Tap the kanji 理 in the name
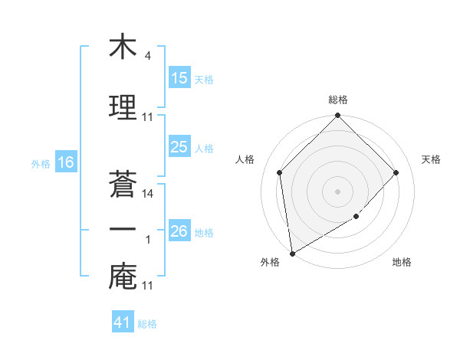tap(123, 105)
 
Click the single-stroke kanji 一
tap(123, 229)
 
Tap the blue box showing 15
tap(179, 78)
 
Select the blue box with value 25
tap(179, 147)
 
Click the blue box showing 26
tap(179, 231)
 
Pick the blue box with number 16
tap(65, 162)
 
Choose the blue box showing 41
tap(123, 322)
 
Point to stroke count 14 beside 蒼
tap(148, 194)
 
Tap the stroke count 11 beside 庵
tap(148, 286)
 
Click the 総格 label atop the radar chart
tap(337, 100)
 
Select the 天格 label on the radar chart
tap(431, 159)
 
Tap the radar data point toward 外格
tap(292, 254)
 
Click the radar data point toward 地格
tap(356, 217)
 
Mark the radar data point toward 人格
tap(280, 172)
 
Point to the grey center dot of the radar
tap(337, 191)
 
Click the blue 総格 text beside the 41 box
tap(147, 324)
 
